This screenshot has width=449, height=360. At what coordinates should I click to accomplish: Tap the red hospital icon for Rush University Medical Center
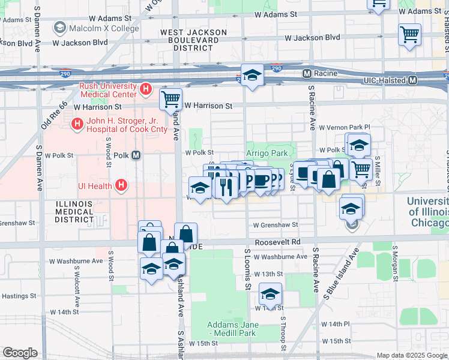(145, 90)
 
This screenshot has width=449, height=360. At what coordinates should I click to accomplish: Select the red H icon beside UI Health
(121, 185)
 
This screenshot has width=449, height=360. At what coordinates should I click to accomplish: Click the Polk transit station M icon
(136, 155)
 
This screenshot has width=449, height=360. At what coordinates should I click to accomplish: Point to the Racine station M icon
(307, 73)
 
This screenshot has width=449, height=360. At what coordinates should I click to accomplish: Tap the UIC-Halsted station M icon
(413, 80)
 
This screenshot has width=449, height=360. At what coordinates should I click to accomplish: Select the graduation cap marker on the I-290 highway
(253, 74)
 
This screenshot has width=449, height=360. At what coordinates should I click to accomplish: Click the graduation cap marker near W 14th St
(271, 294)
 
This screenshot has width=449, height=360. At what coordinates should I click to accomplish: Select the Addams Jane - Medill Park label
(233, 329)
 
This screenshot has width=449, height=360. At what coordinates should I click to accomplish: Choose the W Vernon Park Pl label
(345, 128)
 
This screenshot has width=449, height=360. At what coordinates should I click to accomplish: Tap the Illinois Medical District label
(74, 212)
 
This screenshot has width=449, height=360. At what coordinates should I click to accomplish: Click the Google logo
(20, 353)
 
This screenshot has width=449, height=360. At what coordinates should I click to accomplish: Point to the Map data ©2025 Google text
(411, 355)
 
